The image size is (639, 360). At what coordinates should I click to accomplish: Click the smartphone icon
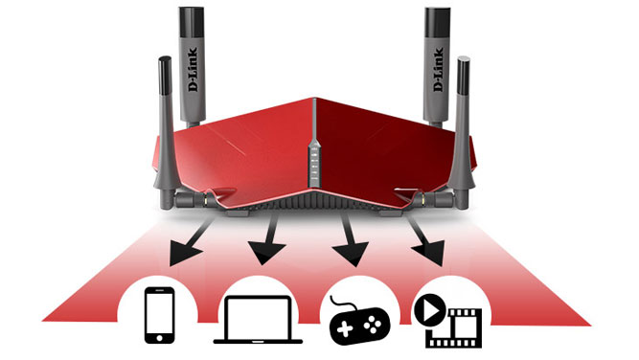tap(160, 315)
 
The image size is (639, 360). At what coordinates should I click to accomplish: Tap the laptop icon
tap(258, 320)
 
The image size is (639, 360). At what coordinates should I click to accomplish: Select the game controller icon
tap(359, 323)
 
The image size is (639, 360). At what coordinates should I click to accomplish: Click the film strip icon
tap(453, 328)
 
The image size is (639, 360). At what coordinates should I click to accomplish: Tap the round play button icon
tap(429, 311)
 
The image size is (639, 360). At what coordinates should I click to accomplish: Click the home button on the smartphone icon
tap(160, 338)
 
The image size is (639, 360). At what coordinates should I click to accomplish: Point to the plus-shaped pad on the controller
tap(345, 328)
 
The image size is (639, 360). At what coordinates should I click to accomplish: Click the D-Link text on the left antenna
tap(193, 69)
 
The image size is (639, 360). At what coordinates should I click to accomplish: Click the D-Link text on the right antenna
tap(438, 69)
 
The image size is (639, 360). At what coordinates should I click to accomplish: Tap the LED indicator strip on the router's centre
tap(314, 162)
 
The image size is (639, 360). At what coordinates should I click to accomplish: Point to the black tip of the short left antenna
tap(165, 76)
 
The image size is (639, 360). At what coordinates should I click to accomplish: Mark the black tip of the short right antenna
tap(464, 76)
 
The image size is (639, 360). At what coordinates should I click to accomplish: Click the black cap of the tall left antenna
tap(192, 22)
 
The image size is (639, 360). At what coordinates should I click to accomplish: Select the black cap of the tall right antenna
tap(437, 22)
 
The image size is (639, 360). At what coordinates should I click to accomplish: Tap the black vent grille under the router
tap(314, 200)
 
